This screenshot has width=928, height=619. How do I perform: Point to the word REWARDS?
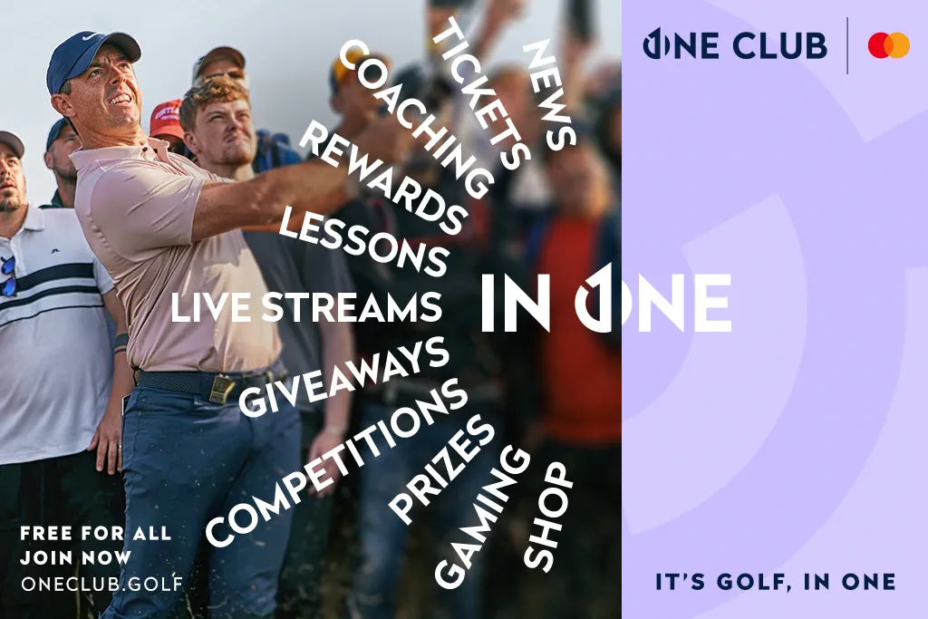pos(381,178)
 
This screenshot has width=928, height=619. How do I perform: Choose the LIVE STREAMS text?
pos(306,307)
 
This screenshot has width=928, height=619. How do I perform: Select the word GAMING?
pos(480,517)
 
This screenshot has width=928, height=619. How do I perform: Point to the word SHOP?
pos(549,517)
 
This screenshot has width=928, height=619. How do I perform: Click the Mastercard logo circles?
pos(888,45)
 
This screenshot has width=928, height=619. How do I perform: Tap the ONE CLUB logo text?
pos(735,44)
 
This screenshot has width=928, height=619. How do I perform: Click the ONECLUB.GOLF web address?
pos(101,583)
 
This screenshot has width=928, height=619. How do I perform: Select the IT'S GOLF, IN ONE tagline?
pos(775,582)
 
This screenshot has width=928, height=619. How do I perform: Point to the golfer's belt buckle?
pos(220,388)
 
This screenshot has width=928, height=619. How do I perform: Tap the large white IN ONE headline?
pos(605,301)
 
